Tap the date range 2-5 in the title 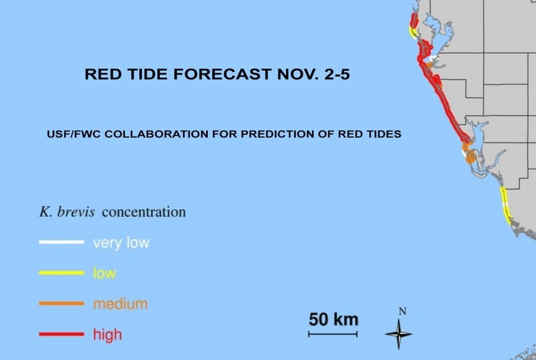[x=332, y=75]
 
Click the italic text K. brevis [x=67, y=212]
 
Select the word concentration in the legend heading [x=143, y=212]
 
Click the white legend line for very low [x=61, y=242]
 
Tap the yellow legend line [x=61, y=273]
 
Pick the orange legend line [x=61, y=303]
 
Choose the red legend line [x=61, y=333]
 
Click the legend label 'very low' [x=121, y=243]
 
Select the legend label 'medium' [x=120, y=303]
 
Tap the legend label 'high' [x=107, y=334]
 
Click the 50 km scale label [x=333, y=319]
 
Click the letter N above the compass [x=402, y=311]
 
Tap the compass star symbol [x=399, y=333]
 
